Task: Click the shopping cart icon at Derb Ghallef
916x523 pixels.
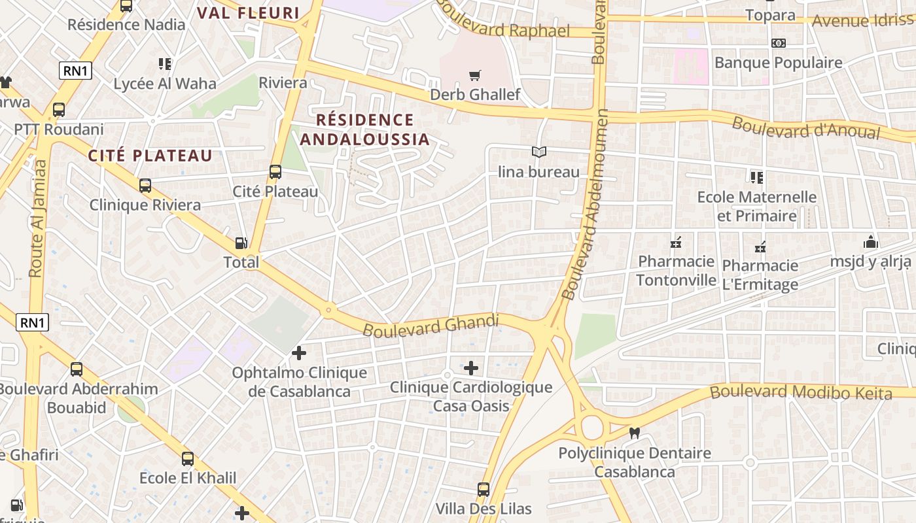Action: [475, 75]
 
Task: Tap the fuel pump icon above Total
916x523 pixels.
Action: [241, 243]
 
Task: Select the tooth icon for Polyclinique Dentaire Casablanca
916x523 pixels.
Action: [633, 433]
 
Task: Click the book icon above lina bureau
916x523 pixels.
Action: [538, 152]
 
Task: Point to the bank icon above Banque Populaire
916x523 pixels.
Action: [778, 43]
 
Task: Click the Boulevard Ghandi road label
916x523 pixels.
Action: [431, 326]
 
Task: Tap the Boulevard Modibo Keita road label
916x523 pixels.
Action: [801, 392]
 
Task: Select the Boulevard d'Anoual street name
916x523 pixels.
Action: [805, 127]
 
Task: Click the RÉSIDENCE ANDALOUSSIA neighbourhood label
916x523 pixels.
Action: [364, 129]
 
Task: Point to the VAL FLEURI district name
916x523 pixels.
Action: [248, 13]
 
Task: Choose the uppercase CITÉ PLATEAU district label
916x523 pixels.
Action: [150, 156]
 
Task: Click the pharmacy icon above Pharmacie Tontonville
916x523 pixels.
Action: [676, 244]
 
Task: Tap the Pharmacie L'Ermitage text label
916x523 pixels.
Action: [760, 275]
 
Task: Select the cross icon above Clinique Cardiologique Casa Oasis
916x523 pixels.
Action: [470, 368]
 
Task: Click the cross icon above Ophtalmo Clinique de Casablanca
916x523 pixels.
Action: [298, 354]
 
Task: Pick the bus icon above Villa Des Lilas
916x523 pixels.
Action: [483, 489]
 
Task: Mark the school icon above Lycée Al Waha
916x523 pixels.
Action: [164, 64]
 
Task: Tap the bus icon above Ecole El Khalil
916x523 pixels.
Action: [188, 458]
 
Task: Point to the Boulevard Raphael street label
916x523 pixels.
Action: [504, 24]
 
